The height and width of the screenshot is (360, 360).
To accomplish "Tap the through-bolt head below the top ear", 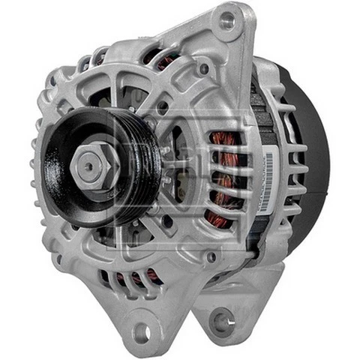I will click(x=203, y=68).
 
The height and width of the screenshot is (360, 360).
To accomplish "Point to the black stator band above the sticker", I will click(x=262, y=120).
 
